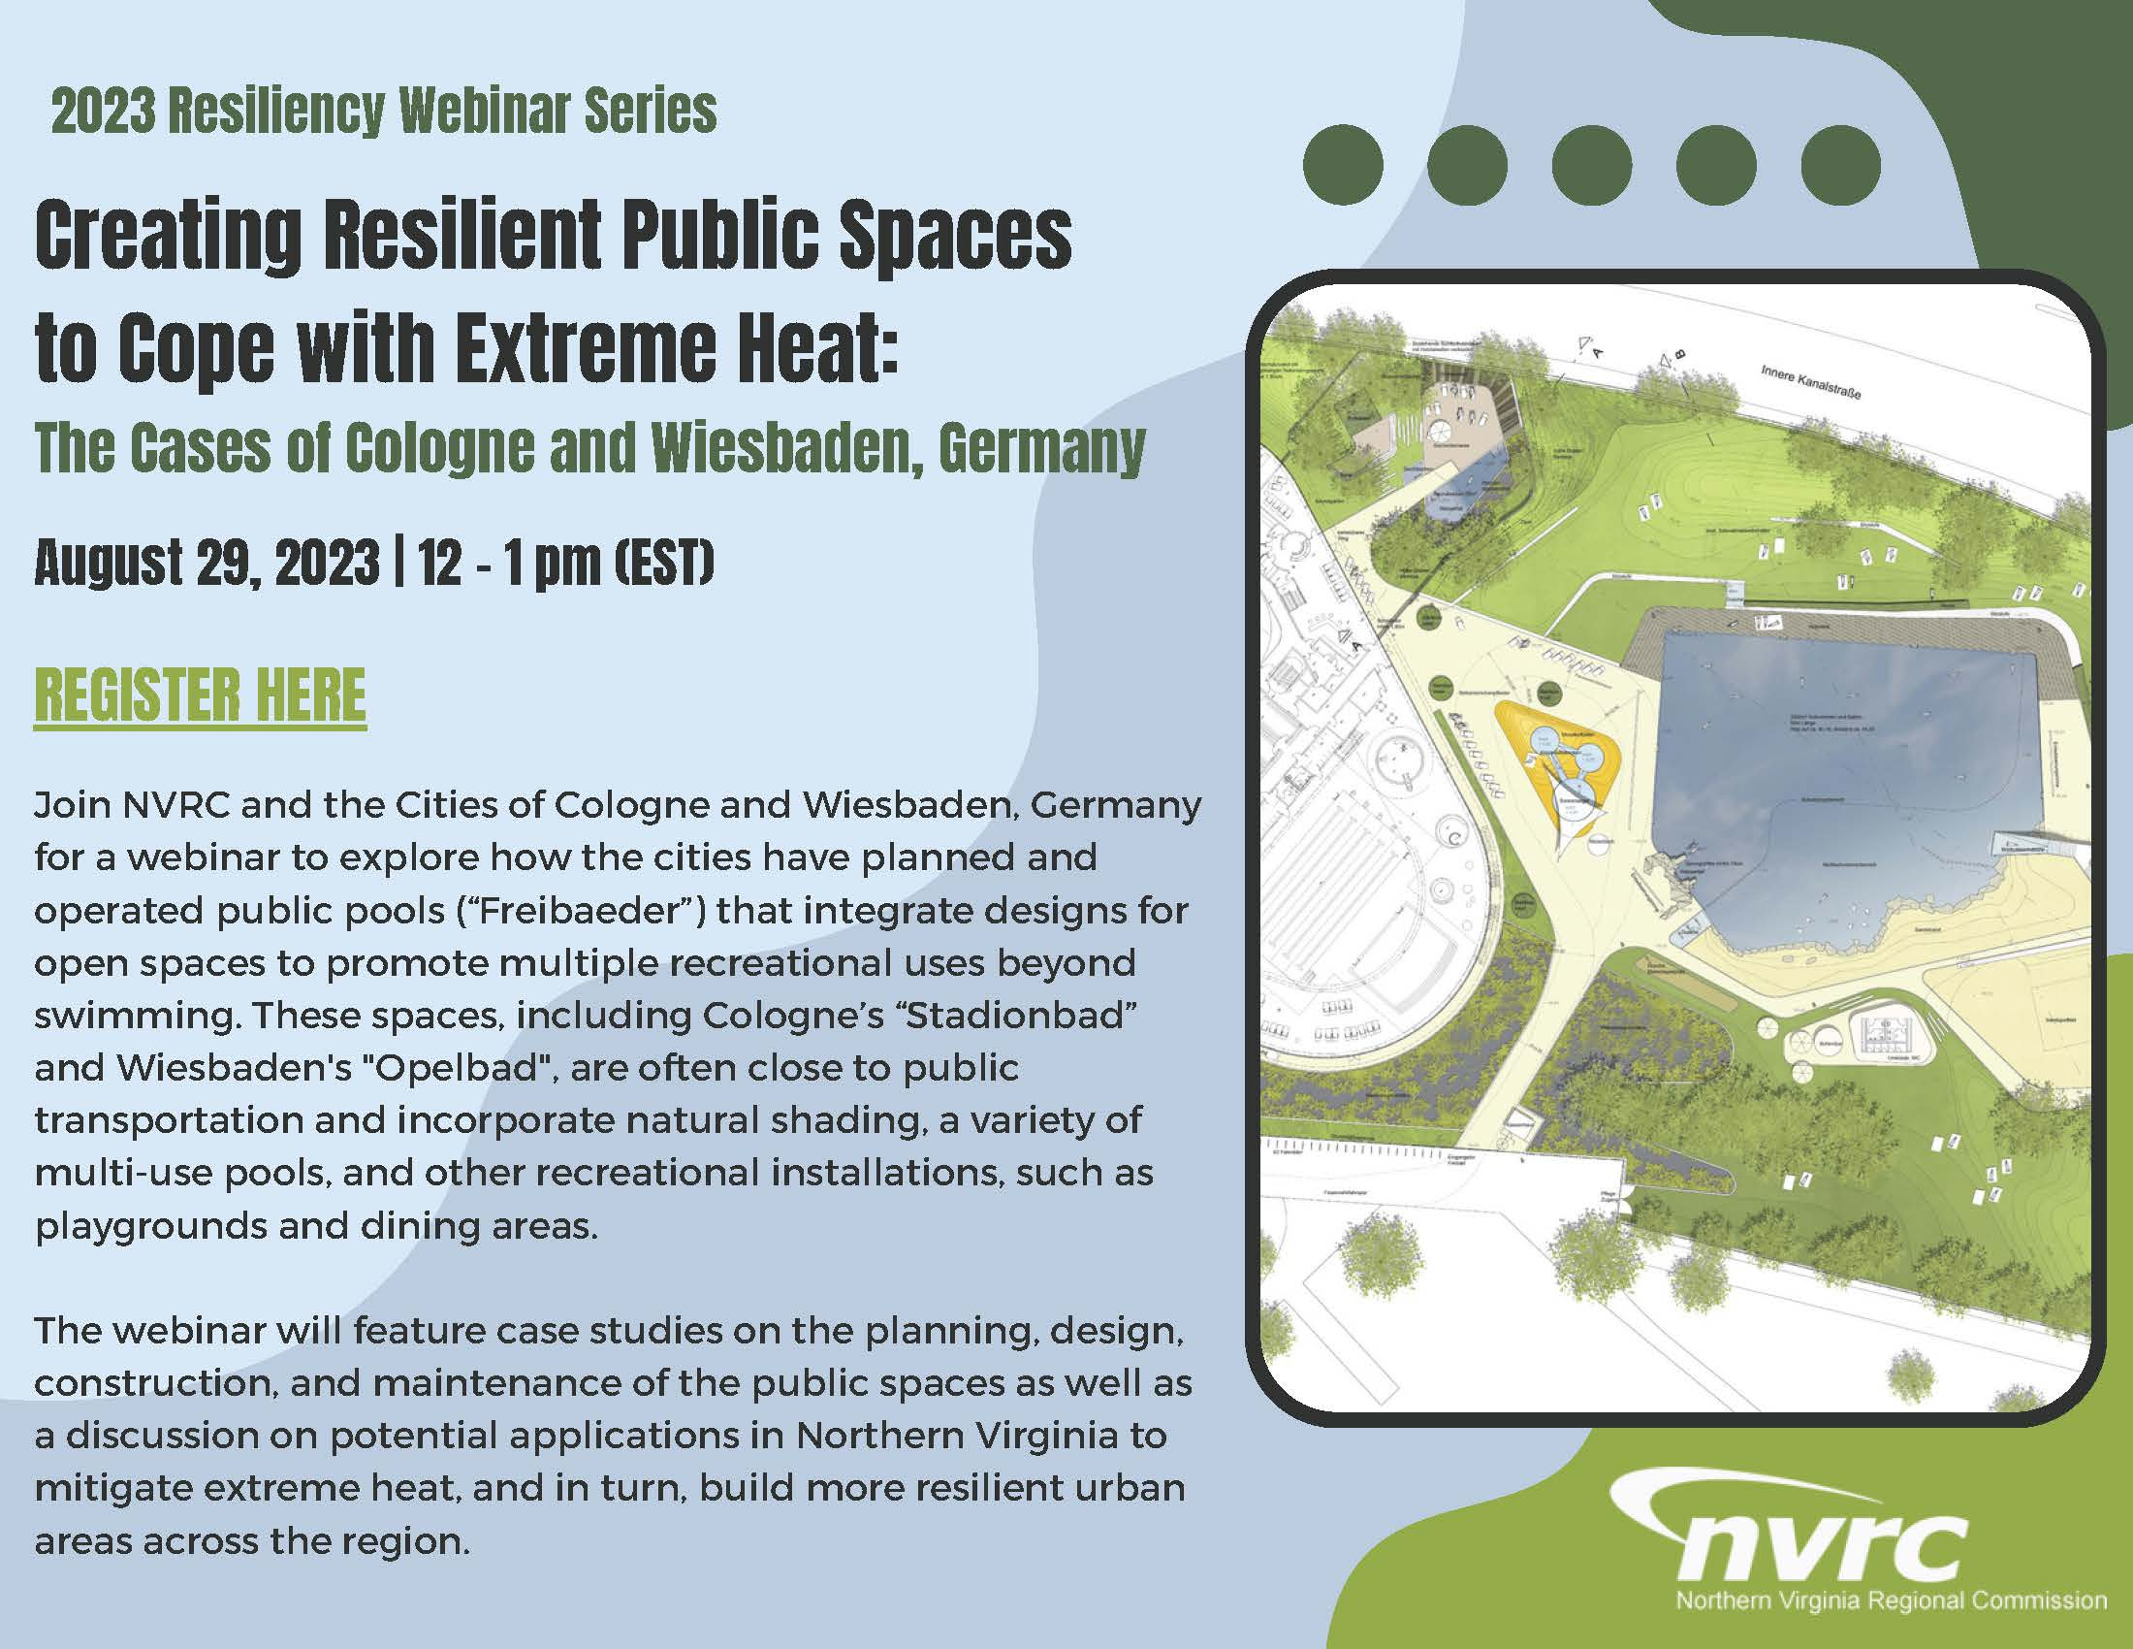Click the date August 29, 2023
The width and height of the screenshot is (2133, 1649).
(x=207, y=564)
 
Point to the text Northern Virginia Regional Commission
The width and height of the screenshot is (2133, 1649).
(x=1891, y=1601)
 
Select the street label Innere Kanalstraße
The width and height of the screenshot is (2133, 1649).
(x=1811, y=382)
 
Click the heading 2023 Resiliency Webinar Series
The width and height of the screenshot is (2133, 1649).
(x=384, y=112)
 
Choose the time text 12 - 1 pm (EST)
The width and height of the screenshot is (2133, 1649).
(x=566, y=564)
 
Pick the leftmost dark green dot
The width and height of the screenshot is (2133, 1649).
(x=1343, y=165)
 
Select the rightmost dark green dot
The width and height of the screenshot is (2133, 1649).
(x=1841, y=165)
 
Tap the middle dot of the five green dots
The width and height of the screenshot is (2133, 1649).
(x=1592, y=165)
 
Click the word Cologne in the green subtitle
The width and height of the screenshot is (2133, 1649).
(x=438, y=448)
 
